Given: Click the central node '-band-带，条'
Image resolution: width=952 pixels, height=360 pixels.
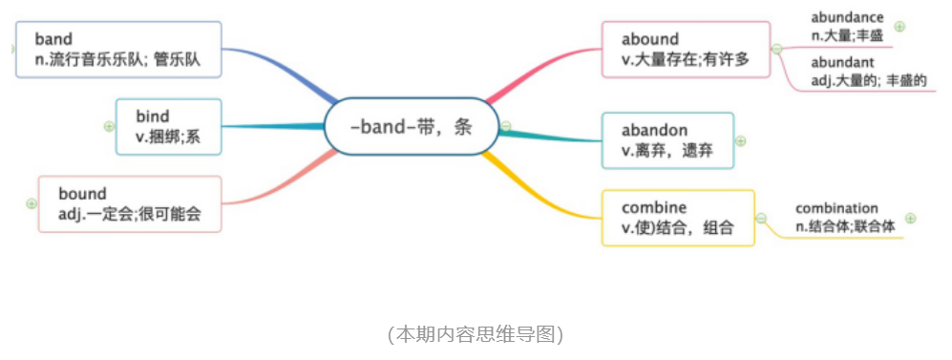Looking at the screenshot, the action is [411, 127].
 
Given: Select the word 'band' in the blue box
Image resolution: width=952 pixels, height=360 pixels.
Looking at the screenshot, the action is [53, 39].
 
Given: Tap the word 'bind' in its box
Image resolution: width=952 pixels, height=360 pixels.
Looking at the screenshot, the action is [153, 116].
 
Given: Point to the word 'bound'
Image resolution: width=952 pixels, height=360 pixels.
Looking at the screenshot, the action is [82, 194].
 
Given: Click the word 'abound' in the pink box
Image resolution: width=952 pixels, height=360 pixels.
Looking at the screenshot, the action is [650, 39].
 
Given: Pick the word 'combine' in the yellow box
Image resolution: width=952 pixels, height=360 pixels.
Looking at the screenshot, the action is [654, 207].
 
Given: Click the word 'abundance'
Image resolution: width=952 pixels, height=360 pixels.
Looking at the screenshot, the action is [847, 17].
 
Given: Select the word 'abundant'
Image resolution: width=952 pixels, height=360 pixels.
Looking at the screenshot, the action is [842, 62].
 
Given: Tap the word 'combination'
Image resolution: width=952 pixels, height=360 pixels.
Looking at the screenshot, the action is [836, 208].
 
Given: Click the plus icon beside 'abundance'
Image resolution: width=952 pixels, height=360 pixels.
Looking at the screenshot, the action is [899, 27].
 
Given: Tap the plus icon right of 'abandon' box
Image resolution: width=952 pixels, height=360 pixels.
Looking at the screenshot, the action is [741, 140].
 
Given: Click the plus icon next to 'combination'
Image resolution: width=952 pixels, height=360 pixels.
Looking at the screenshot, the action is [911, 219].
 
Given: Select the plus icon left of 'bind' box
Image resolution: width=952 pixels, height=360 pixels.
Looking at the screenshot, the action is [109, 126].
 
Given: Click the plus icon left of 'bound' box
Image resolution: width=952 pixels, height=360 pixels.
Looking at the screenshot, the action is [32, 203].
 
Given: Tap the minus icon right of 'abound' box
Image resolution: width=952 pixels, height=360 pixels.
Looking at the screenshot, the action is [776, 49].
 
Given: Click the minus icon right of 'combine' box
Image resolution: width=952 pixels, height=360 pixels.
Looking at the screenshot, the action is [761, 219].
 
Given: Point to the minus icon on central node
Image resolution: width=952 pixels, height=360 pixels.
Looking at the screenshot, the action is [506, 126].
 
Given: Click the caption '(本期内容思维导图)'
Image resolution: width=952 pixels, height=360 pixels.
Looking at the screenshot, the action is [476, 334].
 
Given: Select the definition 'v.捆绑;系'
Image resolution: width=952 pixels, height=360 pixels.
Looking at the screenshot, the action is [167, 138].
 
